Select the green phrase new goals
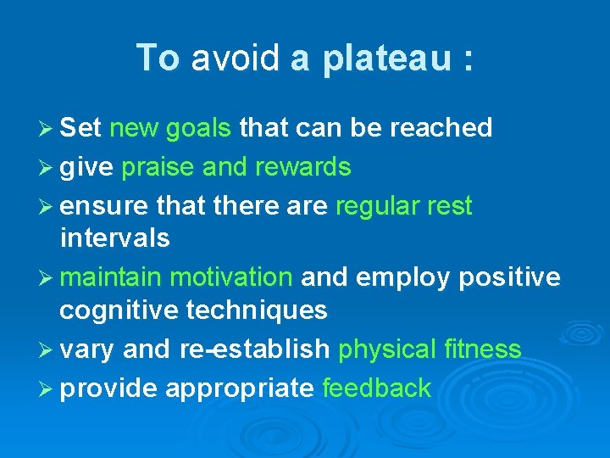[170, 128]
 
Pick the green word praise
[158, 168]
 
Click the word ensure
[100, 206]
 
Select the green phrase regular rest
[404, 206]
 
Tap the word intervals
[115, 238]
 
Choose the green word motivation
[231, 277]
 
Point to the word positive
[516, 277]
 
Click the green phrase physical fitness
[430, 349]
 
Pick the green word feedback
[377, 388]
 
